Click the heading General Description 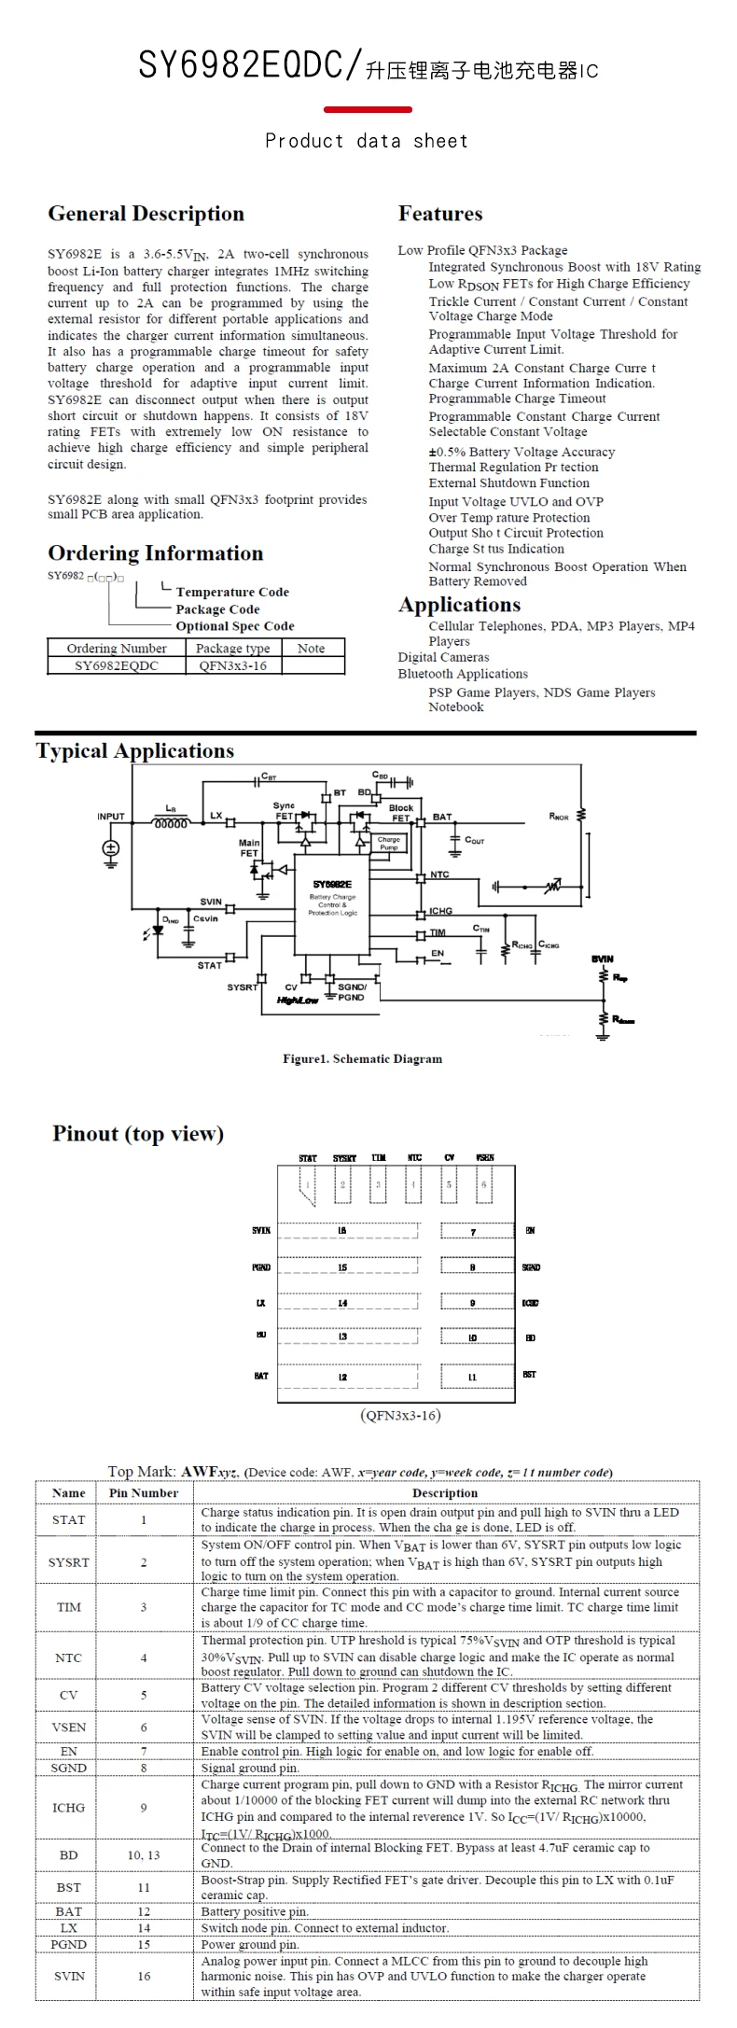coord(146,214)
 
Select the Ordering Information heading coord(155,553)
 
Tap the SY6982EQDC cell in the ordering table coord(117,665)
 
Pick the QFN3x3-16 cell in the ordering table coord(232,665)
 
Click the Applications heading coord(459,605)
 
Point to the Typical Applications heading coord(135,750)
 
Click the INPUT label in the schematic coord(111,816)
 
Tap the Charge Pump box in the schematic coord(388,843)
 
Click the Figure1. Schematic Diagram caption coord(362,1058)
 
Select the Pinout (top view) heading coord(138,1134)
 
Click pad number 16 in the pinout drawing coord(342,1231)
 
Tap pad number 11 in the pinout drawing coord(472,1377)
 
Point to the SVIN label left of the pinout coord(261,1231)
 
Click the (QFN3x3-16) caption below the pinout coord(399,1416)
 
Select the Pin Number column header coord(144,1493)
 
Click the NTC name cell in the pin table coord(68,1657)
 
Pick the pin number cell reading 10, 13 coord(144,1854)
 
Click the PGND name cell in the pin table coord(68,1944)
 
